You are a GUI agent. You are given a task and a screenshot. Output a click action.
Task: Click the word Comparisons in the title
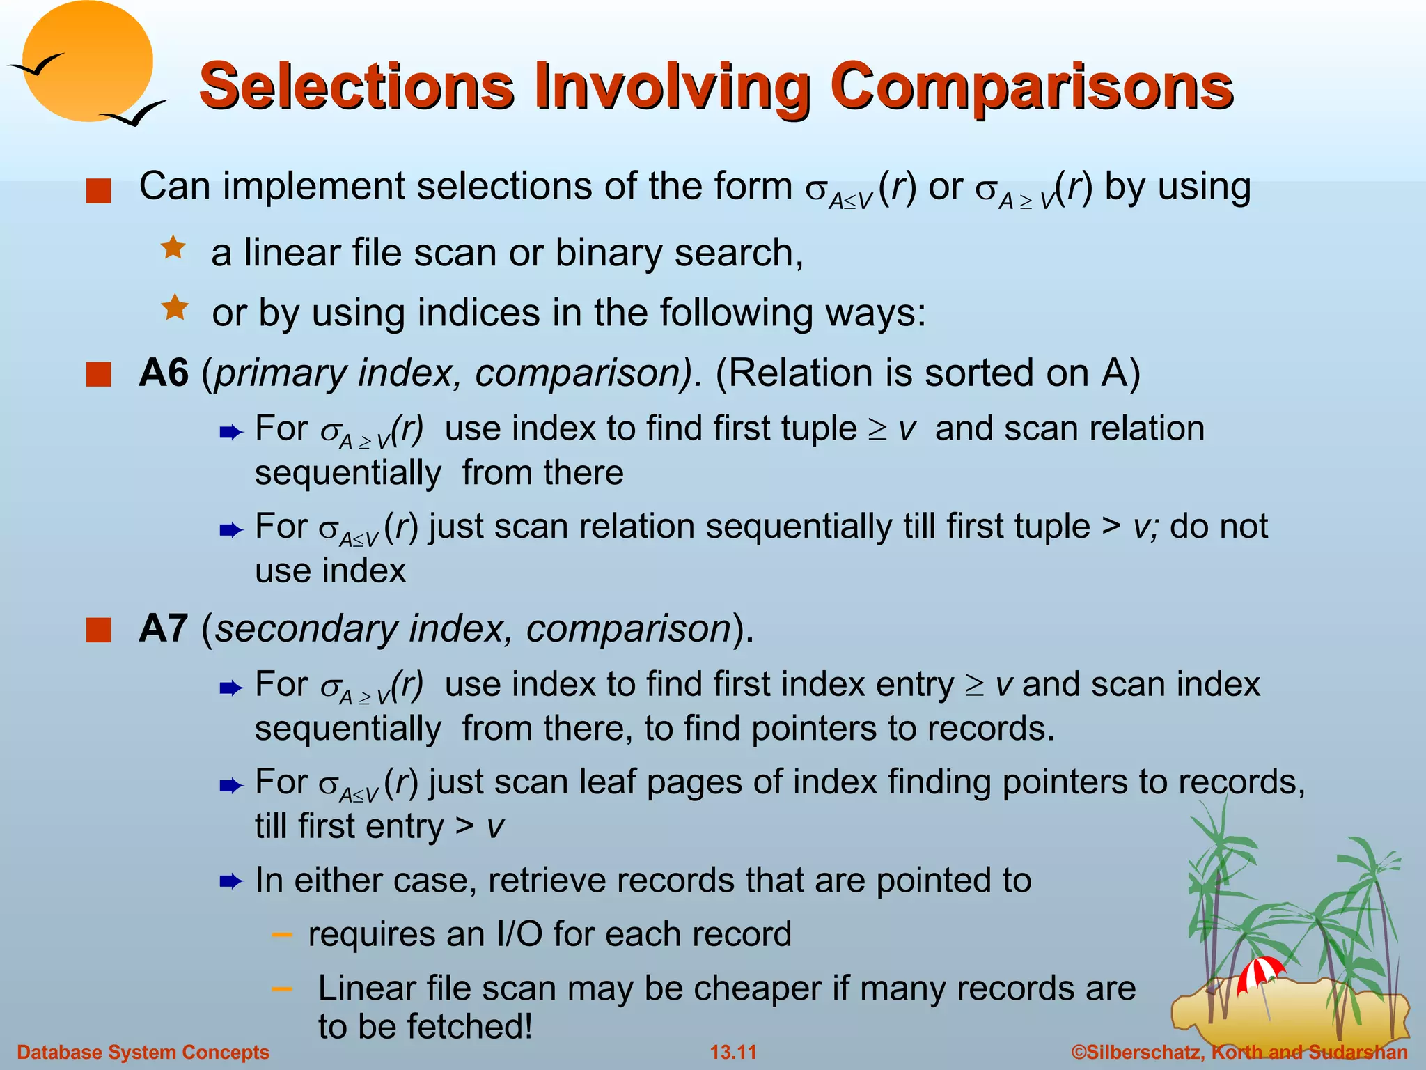pyautogui.click(x=1031, y=86)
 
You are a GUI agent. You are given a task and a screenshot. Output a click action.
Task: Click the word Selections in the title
pyautogui.click(x=356, y=86)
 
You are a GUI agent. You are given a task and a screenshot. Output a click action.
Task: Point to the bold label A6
pyautogui.click(x=164, y=373)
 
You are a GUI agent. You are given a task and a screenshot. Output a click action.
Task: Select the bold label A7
pyautogui.click(x=164, y=629)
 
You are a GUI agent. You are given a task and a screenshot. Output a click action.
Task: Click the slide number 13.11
pyautogui.click(x=732, y=1052)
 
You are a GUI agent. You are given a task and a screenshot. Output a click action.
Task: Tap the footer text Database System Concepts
pyautogui.click(x=143, y=1052)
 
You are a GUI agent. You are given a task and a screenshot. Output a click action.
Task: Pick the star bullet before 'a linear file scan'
pyautogui.click(x=173, y=248)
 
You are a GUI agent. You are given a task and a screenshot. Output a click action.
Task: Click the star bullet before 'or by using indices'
pyautogui.click(x=175, y=307)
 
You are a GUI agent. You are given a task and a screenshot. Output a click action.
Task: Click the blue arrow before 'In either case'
pyautogui.click(x=230, y=882)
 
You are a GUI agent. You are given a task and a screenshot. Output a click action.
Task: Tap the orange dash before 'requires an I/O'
pyautogui.click(x=281, y=934)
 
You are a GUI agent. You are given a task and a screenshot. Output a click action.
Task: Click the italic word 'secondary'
pyautogui.click(x=306, y=629)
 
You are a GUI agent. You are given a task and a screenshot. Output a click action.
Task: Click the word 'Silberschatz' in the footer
pyautogui.click(x=1143, y=1052)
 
